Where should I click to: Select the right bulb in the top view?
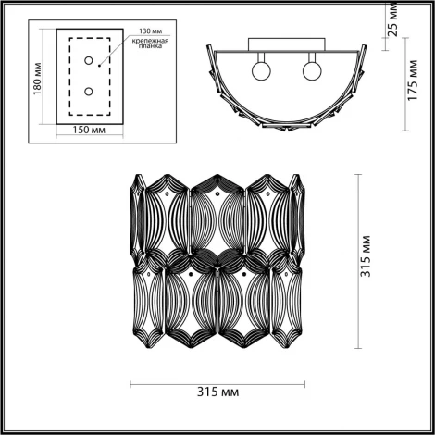312,70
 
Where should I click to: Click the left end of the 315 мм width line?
129,383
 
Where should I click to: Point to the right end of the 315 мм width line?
305,383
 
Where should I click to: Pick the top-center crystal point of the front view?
217,175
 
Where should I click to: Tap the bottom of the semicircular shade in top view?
285,138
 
